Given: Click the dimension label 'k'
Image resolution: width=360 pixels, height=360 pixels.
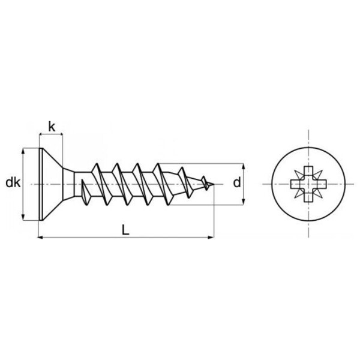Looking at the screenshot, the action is pos(52,127).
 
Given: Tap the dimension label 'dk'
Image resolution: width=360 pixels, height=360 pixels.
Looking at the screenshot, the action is pos(13,183).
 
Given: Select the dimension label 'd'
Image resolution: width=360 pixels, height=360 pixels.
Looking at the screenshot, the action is pos(237,183).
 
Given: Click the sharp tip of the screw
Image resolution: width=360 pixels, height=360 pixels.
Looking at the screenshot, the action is pos(214,184).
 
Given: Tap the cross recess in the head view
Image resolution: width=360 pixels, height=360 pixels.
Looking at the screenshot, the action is pos(308,184).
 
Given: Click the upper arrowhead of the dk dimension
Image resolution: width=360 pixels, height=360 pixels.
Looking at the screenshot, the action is pos(23,152).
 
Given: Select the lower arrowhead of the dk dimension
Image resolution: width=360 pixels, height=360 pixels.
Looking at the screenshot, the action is pos(23,217).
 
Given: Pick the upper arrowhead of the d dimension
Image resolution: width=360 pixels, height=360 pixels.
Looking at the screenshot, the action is pos(244,166).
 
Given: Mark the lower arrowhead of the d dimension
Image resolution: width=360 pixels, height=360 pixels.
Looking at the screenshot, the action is pos(244,202).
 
